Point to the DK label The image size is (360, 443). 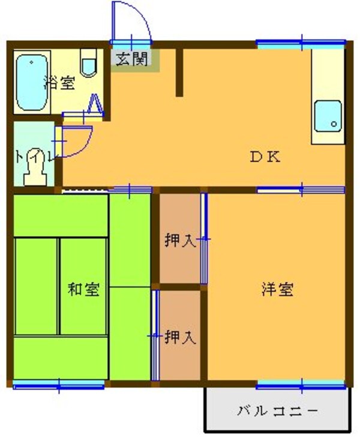[x=265, y=158]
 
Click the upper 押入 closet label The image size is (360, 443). [x=179, y=241]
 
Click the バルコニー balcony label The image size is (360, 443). [x=277, y=412]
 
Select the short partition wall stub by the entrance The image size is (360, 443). [x=179, y=72]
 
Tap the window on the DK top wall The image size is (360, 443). [x=301, y=43]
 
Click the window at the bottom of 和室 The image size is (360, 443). [x=60, y=384]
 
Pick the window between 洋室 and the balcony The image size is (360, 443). [x=301, y=384]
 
